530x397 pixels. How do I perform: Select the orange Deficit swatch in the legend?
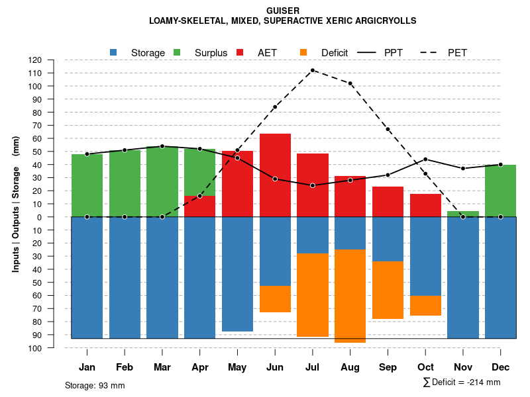[304, 52]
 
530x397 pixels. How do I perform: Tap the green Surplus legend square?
[177, 52]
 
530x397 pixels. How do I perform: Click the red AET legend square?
[240, 52]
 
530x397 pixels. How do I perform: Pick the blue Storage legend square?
[114, 52]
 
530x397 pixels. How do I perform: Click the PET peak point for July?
[313, 70]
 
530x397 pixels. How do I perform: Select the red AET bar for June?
[275, 175]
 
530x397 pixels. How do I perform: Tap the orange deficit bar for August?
[350, 296]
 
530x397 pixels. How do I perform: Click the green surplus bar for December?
[500, 191]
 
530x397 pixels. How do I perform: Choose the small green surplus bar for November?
[463, 214]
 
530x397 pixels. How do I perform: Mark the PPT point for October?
[425, 159]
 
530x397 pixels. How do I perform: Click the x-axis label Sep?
[388, 367]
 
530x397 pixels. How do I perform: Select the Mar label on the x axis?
[162, 367]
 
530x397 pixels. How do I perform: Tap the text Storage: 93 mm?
[95, 385]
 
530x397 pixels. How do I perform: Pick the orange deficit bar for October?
[425, 306]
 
